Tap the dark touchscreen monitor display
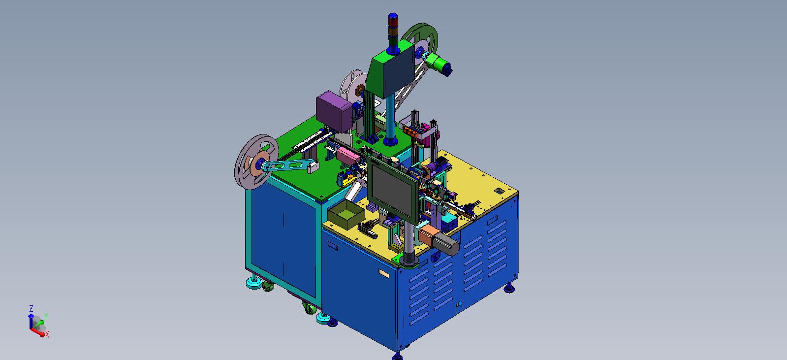pyautogui.click(x=392, y=189)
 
